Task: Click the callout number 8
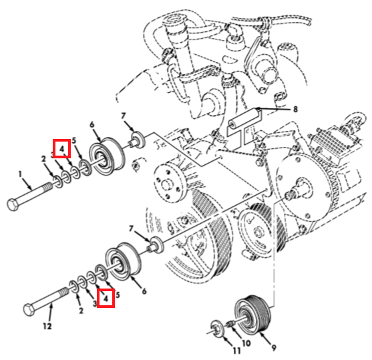point(295,110)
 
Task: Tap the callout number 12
point(47,326)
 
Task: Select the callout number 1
point(20,174)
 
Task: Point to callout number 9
point(274,348)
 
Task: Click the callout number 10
point(246,343)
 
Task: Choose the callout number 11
point(236,351)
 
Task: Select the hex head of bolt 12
point(29,309)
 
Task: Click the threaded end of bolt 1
point(48,186)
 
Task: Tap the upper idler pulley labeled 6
point(106,156)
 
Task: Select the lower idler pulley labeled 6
point(123,261)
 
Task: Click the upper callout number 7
point(123,116)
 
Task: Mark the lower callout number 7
point(131,229)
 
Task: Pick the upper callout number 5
point(74,141)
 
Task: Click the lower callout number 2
point(81,311)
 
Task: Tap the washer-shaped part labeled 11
point(217,329)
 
